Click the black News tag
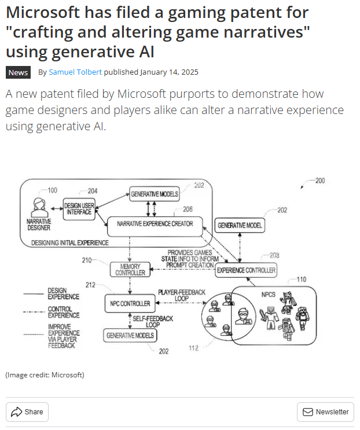tap(18, 72)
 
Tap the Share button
tap(27, 411)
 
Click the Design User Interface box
tap(78, 208)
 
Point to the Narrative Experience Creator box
tap(155, 223)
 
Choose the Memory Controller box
tap(130, 269)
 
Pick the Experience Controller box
tap(246, 270)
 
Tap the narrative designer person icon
tap(40, 207)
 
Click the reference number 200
tap(319, 181)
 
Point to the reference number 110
tap(302, 280)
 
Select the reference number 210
tap(87, 260)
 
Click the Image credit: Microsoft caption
tap(45, 375)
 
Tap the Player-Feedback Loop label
tap(181, 295)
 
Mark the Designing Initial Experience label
tap(62, 243)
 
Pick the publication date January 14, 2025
tap(170, 72)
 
